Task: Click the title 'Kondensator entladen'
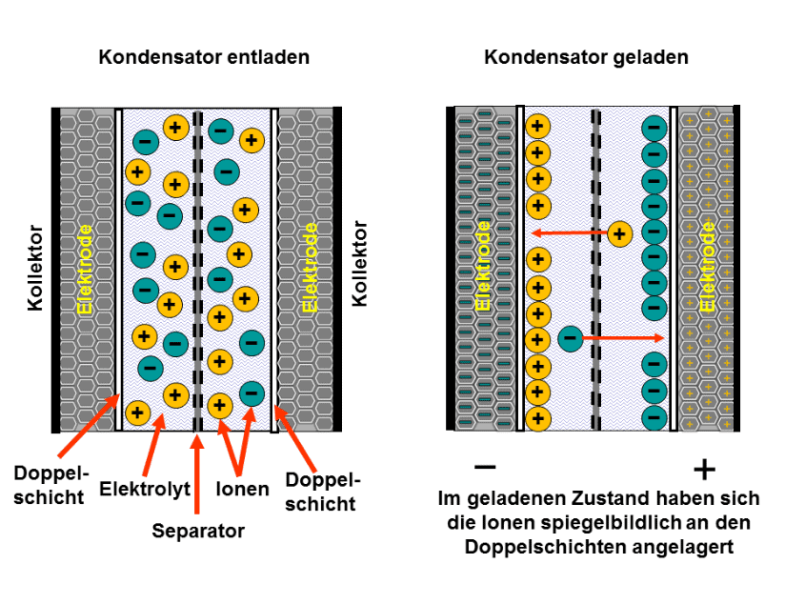[x=204, y=57]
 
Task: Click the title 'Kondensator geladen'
[x=586, y=57]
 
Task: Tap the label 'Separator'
[x=198, y=531]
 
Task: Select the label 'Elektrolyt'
[x=145, y=489]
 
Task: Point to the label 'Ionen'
[x=242, y=489]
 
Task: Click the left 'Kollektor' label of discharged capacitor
[x=35, y=268]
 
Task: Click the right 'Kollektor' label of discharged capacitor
[x=359, y=264]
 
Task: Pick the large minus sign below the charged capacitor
[x=485, y=467]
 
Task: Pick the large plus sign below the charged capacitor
[x=704, y=470]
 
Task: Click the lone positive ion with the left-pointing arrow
[x=619, y=234]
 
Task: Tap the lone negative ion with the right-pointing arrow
[x=570, y=338]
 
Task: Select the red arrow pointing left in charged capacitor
[x=570, y=233]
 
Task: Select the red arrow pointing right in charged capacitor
[x=623, y=338]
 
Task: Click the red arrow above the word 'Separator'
[x=197, y=473]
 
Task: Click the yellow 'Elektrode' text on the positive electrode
[x=708, y=266]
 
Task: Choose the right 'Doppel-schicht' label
[x=322, y=492]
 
